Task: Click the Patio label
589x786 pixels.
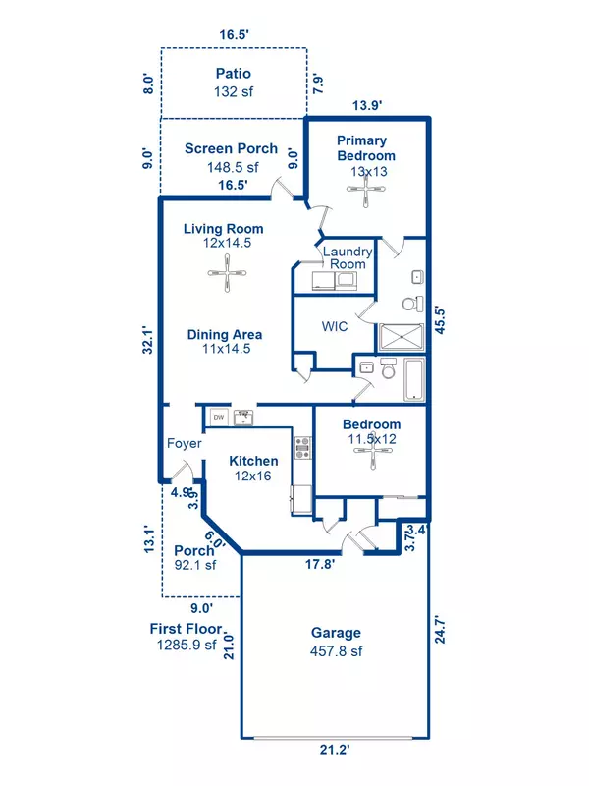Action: [x=234, y=74]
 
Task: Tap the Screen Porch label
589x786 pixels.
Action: [x=231, y=149]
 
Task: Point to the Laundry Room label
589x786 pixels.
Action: [x=347, y=257]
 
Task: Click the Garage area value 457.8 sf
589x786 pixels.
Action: [x=336, y=649]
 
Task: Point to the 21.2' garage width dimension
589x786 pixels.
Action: [x=336, y=750]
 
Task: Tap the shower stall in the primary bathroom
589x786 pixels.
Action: [x=400, y=337]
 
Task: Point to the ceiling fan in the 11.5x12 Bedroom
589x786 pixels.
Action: [x=370, y=457]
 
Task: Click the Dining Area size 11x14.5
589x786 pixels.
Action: [x=225, y=348]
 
